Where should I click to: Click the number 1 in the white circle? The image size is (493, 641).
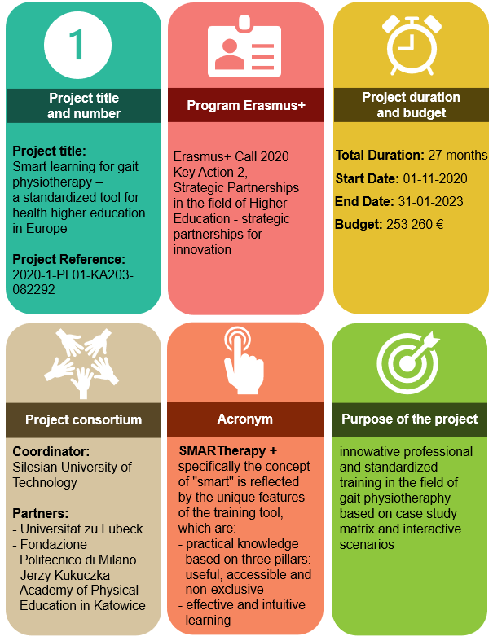click(77, 45)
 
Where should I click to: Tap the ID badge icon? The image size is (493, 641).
click(244, 46)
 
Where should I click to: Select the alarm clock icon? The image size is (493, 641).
click(412, 45)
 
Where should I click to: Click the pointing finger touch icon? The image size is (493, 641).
click(244, 360)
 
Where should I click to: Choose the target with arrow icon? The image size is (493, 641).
click(407, 362)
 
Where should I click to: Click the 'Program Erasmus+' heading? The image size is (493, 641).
click(246, 105)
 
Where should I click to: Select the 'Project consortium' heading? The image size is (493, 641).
click(83, 419)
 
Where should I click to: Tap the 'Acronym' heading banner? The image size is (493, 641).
click(245, 419)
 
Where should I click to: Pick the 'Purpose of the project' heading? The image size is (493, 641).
click(410, 419)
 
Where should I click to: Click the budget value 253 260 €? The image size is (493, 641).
click(415, 225)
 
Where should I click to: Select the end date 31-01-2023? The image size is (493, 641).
click(430, 201)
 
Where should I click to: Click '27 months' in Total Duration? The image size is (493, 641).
click(457, 156)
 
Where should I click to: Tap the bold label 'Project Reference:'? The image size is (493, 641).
click(68, 259)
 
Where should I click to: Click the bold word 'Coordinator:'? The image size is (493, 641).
click(51, 451)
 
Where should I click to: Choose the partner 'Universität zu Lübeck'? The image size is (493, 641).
click(81, 529)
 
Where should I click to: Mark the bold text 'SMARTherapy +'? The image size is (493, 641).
click(228, 451)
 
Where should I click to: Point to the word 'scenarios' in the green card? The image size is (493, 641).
click(367, 545)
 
